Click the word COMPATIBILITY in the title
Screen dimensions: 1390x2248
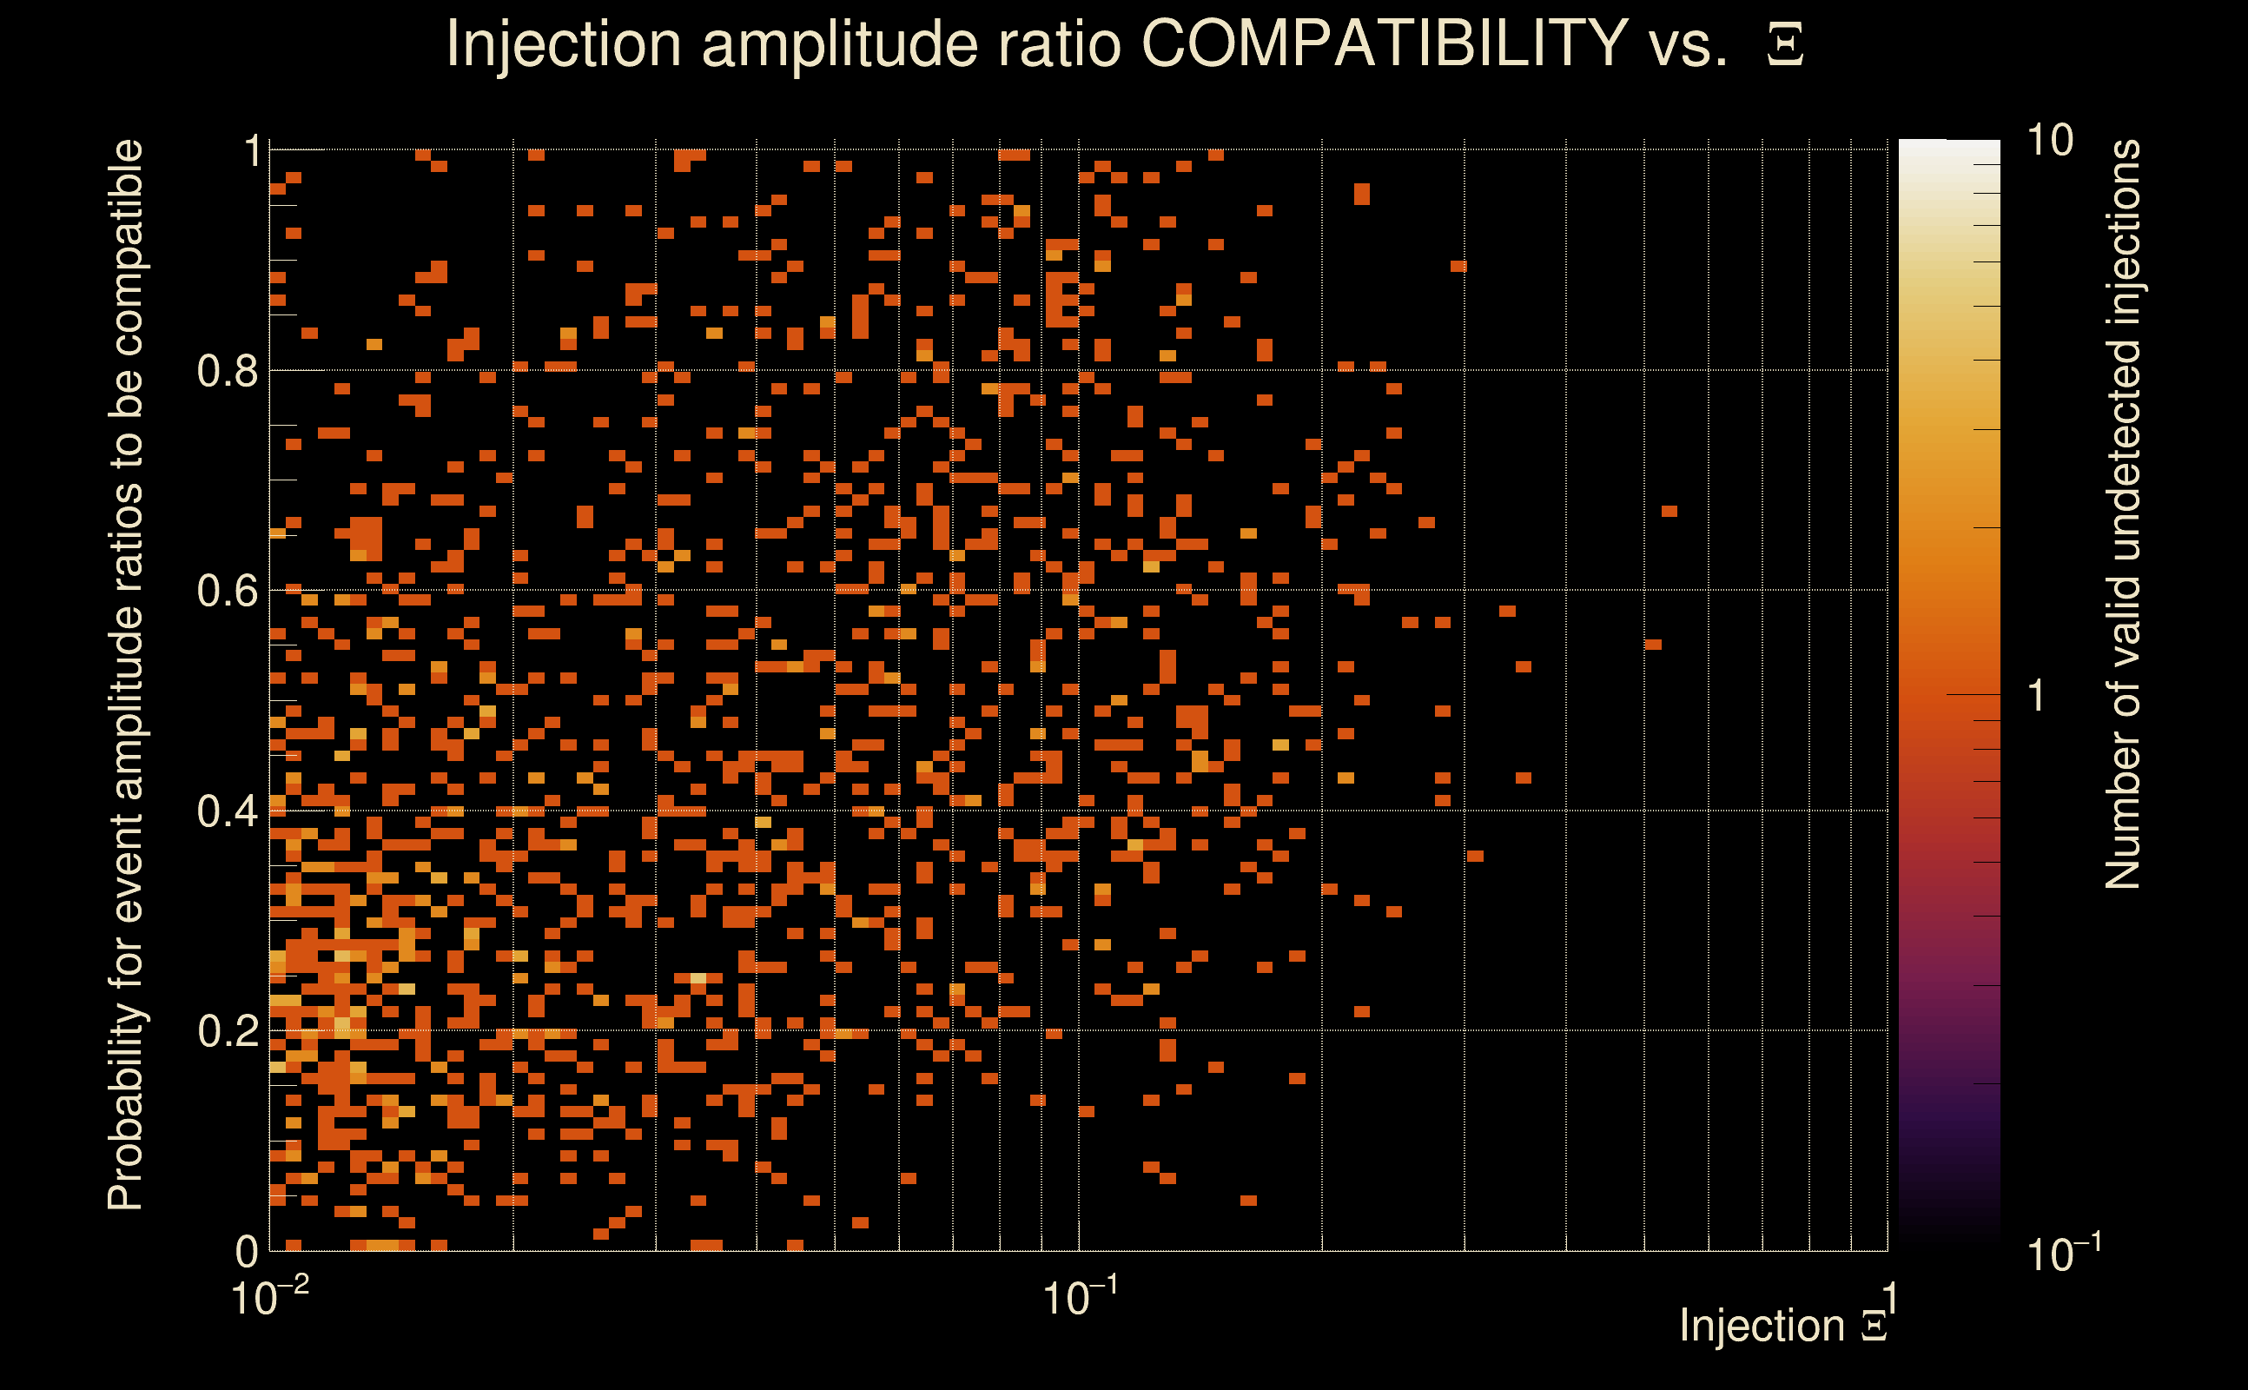pyautogui.click(x=1384, y=43)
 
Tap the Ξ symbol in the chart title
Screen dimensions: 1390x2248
pyautogui.click(x=1785, y=45)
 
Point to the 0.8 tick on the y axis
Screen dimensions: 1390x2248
pyautogui.click(x=228, y=372)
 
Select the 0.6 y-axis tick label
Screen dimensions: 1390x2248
pyautogui.click(x=228, y=591)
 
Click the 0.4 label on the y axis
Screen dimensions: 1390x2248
pyautogui.click(x=228, y=811)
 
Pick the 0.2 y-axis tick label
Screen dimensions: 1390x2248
pyautogui.click(x=228, y=1031)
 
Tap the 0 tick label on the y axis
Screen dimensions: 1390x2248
pyautogui.click(x=247, y=1251)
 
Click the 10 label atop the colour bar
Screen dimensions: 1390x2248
pyautogui.click(x=2049, y=141)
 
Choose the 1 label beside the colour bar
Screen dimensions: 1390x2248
pyautogui.click(x=2037, y=697)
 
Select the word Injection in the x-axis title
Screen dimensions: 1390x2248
pyautogui.click(x=1762, y=1326)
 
